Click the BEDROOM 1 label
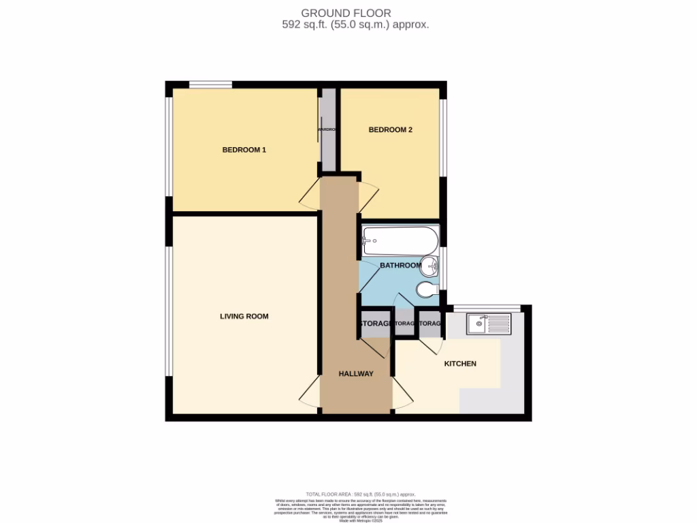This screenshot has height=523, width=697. point(244,150)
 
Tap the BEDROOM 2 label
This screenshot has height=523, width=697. point(390,129)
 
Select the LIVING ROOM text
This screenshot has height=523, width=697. point(244,316)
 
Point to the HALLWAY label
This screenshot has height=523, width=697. point(357,374)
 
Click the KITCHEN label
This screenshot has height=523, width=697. point(460,364)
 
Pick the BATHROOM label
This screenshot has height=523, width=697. point(401,266)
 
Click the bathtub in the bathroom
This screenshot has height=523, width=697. point(395,239)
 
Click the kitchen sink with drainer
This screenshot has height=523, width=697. point(489,323)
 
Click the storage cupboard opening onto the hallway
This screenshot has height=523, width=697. point(375,323)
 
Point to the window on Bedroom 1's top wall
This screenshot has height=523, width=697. point(210,85)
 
